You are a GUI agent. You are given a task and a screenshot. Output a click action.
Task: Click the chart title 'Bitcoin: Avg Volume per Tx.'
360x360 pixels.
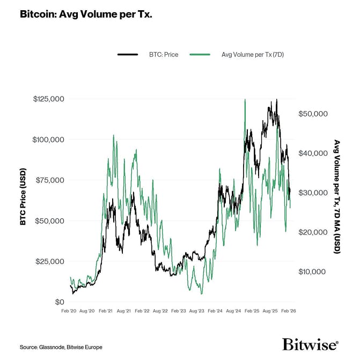tap(86, 14)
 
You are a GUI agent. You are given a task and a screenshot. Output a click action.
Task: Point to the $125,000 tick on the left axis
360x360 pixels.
tap(49, 99)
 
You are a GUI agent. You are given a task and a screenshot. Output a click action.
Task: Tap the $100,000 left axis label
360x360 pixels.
tap(49, 139)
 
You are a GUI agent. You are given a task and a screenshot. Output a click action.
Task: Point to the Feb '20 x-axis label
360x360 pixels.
tap(69, 311)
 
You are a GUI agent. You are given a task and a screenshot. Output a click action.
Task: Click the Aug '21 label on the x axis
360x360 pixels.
tap(124, 311)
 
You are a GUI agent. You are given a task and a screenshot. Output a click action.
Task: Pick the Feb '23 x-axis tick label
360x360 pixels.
tap(179, 311)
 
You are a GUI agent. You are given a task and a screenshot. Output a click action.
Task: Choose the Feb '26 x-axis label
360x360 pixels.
tap(289, 311)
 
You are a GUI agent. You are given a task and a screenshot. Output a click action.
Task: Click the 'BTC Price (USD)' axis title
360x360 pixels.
tap(23, 200)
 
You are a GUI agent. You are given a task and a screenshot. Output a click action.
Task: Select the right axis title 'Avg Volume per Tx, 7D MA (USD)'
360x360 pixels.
tap(337, 196)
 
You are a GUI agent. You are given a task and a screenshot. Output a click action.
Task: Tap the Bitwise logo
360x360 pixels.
tap(310, 344)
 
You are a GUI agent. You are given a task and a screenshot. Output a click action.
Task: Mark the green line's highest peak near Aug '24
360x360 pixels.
tap(245, 100)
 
